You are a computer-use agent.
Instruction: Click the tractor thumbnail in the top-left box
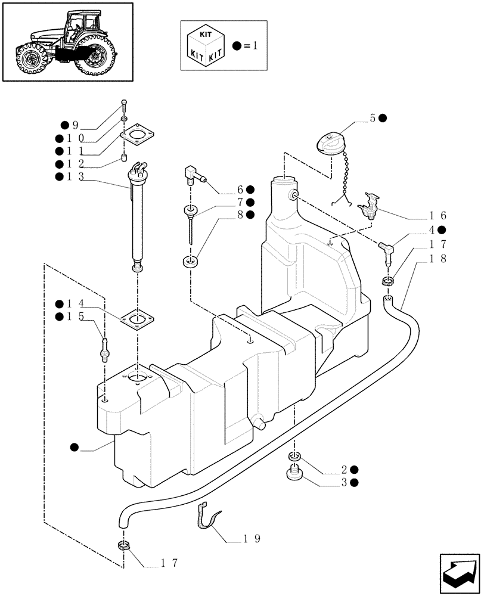(66, 42)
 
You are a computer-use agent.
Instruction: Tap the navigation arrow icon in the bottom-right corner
(459, 573)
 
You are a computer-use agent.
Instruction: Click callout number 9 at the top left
(75, 125)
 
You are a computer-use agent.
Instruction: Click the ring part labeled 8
(190, 260)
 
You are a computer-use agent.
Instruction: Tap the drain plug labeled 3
(294, 474)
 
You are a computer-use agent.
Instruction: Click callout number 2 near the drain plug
(345, 469)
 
